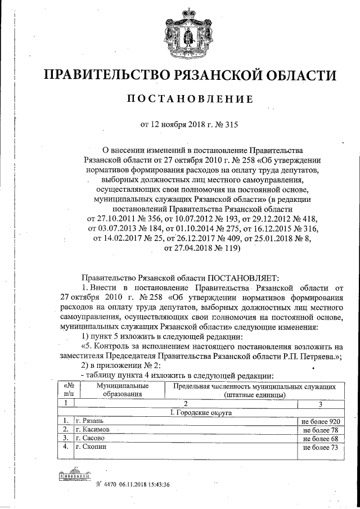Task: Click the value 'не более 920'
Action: [321, 421]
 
